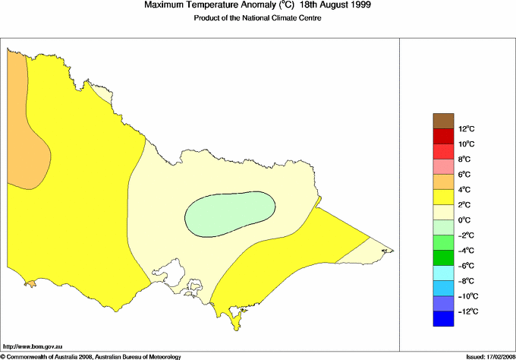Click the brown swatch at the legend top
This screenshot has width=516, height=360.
[443, 121]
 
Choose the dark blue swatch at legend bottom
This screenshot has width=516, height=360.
[443, 320]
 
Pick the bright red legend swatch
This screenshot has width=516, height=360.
[443, 137]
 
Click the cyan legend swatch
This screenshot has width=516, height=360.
[443, 273]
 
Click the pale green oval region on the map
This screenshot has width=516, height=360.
[230, 212]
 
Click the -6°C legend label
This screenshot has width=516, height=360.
[444, 266]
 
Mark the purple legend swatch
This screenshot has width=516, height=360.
[443, 304]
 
